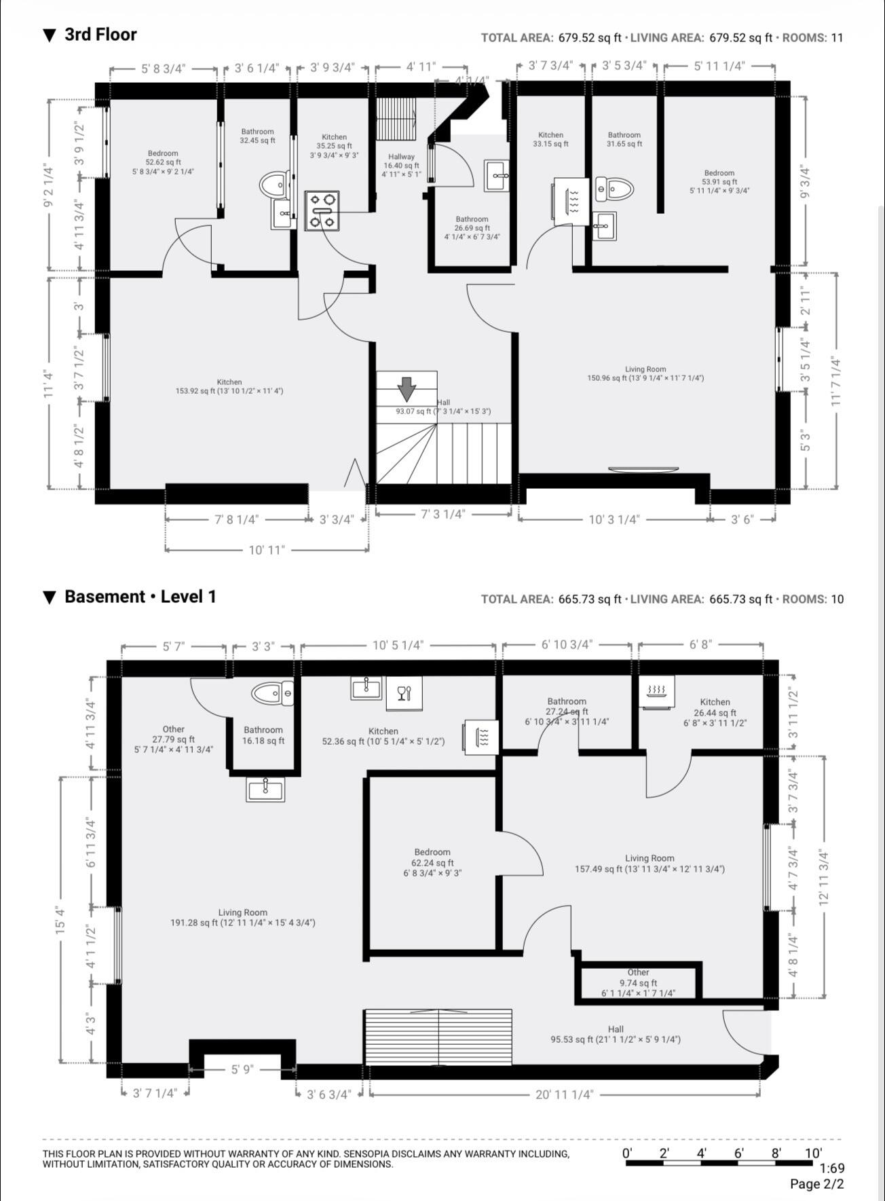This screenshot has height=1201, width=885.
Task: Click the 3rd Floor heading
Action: [90, 35]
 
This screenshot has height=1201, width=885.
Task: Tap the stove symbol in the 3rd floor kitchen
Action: [322, 210]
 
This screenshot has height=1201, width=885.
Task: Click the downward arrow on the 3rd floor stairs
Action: [407, 390]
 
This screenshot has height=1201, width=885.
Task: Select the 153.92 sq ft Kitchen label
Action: [229, 386]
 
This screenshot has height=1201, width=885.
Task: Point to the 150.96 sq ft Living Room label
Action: [645, 374]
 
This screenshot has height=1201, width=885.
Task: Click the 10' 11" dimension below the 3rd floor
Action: [267, 549]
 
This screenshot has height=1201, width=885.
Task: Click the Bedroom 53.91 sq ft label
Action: [719, 182]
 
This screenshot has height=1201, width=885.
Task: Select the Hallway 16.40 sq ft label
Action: [402, 165]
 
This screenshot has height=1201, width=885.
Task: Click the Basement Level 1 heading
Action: [130, 597]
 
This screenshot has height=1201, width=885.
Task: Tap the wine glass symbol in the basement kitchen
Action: [404, 693]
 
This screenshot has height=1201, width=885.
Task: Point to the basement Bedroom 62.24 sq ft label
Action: [432, 862]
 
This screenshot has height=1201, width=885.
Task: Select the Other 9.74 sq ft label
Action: [638, 982]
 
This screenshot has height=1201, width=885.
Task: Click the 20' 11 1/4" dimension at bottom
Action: [564, 1094]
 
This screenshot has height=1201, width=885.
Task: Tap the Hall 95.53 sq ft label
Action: [616, 1034]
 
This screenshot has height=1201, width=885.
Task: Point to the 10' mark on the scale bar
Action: [813, 1152]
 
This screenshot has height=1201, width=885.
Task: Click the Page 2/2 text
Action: [816, 1184]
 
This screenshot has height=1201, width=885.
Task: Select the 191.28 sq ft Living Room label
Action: [242, 918]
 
